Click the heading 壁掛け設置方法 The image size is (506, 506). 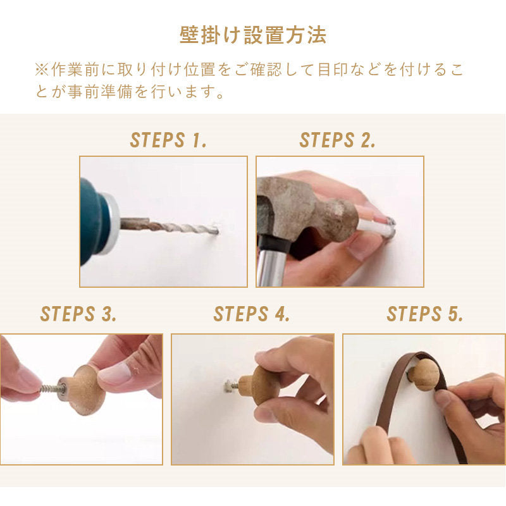(252, 35)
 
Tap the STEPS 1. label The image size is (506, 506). (168, 140)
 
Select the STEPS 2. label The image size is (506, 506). (338, 140)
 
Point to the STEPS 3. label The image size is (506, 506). (78, 314)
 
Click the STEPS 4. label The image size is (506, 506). (252, 314)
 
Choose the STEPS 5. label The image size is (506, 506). (425, 314)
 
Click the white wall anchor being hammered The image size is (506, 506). (376, 226)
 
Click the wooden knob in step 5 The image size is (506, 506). (425, 374)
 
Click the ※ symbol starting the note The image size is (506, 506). (42, 70)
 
